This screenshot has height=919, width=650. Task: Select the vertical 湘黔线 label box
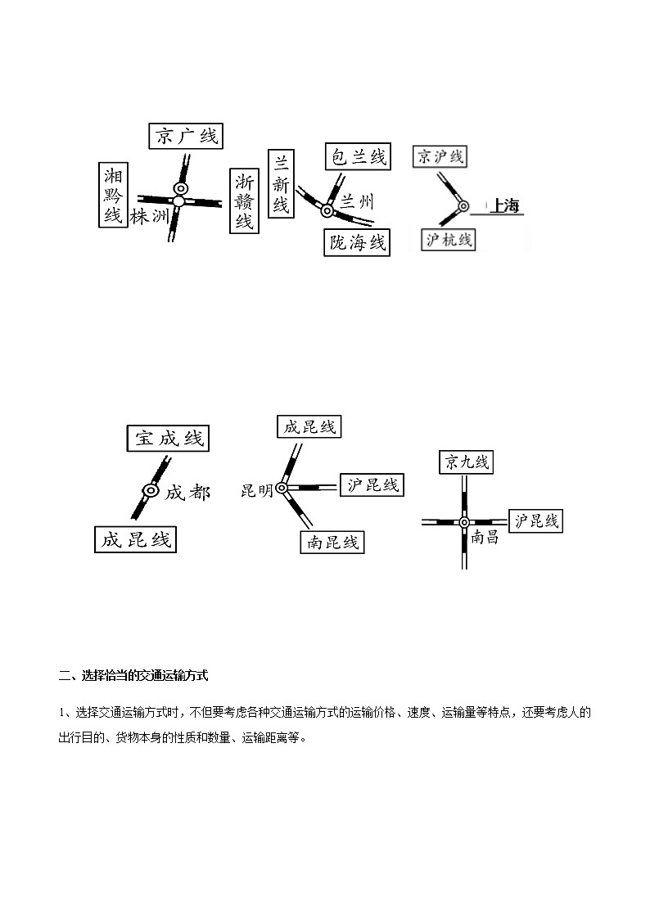point(112,195)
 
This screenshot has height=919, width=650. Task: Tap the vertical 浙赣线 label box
point(244,201)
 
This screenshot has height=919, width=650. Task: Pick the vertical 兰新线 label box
point(281,183)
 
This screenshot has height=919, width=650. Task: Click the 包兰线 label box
point(357,156)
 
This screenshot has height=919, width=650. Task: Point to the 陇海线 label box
point(357,242)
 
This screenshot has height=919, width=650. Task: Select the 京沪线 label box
point(440,156)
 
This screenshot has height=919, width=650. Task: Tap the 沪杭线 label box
point(449,239)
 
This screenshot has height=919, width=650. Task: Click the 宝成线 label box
point(169,439)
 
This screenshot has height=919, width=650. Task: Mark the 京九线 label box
point(466,462)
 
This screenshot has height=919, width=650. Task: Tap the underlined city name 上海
point(504,206)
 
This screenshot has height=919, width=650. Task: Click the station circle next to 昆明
point(282,489)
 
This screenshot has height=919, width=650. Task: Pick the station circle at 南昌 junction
point(464,522)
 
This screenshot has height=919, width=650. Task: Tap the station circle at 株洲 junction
point(179,201)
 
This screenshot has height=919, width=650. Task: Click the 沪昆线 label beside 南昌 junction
point(537,520)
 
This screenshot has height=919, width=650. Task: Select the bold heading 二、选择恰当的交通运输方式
point(133,676)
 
